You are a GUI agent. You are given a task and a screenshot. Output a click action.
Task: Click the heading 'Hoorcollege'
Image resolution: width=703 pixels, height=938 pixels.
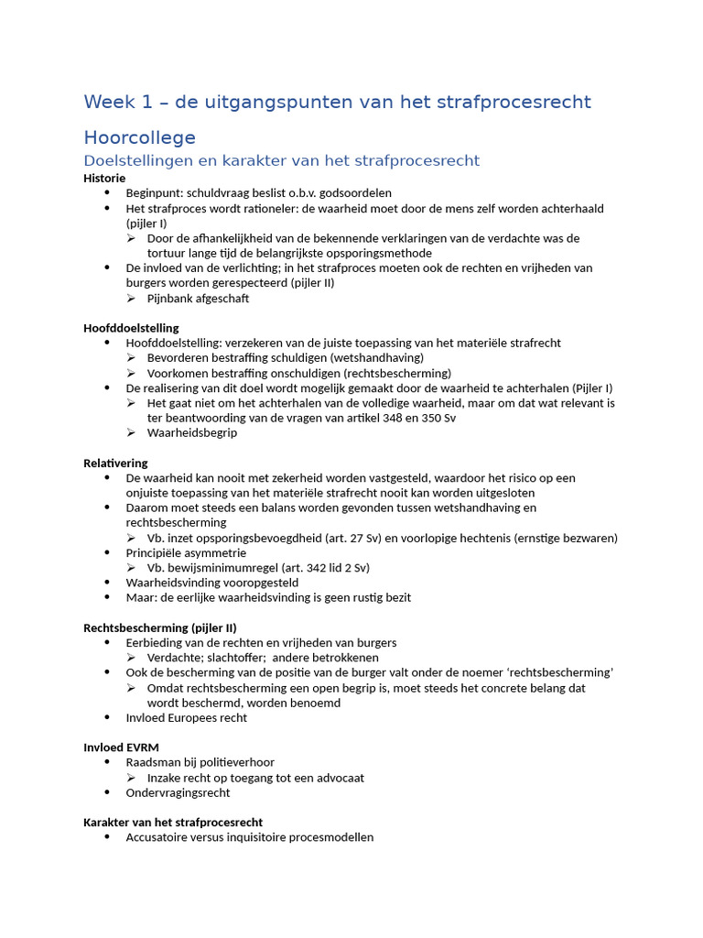click(x=139, y=137)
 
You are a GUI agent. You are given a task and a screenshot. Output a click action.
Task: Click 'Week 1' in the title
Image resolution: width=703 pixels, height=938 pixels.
click(x=114, y=102)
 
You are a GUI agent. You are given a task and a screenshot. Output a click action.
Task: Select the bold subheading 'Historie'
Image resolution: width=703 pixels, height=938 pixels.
click(x=104, y=178)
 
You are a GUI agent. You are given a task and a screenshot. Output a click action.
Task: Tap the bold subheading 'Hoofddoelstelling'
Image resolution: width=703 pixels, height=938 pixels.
click(x=131, y=328)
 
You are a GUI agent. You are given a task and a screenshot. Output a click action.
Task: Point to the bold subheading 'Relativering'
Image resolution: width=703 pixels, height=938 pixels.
click(x=115, y=463)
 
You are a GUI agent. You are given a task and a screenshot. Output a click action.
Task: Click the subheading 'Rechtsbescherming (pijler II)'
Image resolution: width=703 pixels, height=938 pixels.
click(x=160, y=627)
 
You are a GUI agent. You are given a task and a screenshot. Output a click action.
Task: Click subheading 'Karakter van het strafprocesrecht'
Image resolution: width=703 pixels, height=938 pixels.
click(x=173, y=823)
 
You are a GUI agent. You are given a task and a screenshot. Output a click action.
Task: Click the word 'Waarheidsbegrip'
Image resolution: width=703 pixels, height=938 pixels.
click(x=191, y=432)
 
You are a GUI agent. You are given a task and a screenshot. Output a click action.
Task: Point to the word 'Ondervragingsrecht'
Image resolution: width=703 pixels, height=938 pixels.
click(x=178, y=792)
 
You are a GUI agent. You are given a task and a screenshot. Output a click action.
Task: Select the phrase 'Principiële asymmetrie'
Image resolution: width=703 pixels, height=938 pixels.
click(x=186, y=552)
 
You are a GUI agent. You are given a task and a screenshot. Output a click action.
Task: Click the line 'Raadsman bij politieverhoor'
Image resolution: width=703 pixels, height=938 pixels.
click(x=200, y=762)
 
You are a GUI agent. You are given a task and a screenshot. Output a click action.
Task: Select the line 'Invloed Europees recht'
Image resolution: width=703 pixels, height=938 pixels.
click(x=186, y=718)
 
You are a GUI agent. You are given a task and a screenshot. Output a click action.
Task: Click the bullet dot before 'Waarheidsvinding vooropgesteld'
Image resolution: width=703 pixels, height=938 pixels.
click(x=106, y=583)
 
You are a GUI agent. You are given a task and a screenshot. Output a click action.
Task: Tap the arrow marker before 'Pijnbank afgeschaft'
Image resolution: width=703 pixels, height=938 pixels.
click(x=132, y=299)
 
